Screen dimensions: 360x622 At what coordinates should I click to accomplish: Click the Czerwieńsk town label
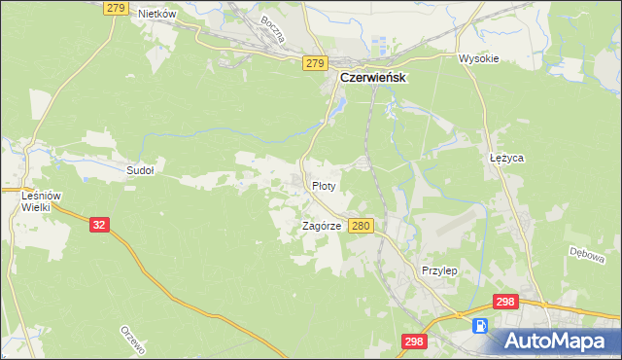click(371, 78)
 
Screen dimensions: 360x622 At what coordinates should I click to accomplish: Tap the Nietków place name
click(156, 14)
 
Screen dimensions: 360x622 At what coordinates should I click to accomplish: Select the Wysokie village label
click(478, 58)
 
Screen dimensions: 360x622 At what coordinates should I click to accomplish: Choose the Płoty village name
click(325, 185)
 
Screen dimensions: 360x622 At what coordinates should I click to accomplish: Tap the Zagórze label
click(321, 226)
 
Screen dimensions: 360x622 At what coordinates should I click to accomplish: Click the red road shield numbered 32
click(98, 224)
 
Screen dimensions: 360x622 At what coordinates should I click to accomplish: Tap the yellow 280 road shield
click(362, 226)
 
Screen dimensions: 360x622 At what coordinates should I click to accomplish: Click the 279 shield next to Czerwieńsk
click(313, 63)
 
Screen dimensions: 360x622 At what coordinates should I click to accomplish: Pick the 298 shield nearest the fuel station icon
click(504, 303)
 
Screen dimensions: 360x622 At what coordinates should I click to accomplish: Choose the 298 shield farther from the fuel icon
click(414, 341)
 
